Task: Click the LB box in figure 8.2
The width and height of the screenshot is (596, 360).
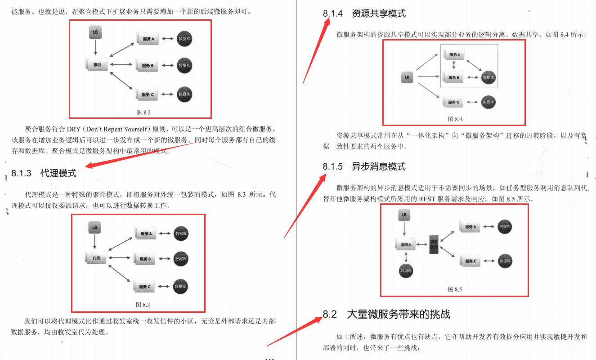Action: (95, 32)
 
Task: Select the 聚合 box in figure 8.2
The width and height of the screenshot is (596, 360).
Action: (97, 65)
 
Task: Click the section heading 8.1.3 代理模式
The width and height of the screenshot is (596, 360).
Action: (44, 173)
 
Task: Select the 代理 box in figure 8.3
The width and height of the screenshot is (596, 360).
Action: (96, 258)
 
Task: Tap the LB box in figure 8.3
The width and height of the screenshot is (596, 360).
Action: (94, 227)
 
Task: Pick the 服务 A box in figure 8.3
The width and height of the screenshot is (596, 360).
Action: (147, 234)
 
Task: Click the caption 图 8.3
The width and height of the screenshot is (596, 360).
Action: (143, 305)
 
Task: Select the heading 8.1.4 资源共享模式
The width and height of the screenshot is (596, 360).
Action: (364, 13)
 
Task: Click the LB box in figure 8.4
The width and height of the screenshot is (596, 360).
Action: (407, 77)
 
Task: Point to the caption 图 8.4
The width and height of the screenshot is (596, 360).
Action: (455, 119)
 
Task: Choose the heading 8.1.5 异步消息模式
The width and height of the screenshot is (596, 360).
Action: (364, 166)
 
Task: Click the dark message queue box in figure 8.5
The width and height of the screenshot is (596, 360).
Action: (434, 244)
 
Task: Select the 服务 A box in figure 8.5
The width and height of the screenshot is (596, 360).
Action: (405, 245)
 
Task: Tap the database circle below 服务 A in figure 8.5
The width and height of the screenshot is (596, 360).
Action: (406, 271)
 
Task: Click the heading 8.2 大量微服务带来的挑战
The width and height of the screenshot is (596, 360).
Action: (386, 314)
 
